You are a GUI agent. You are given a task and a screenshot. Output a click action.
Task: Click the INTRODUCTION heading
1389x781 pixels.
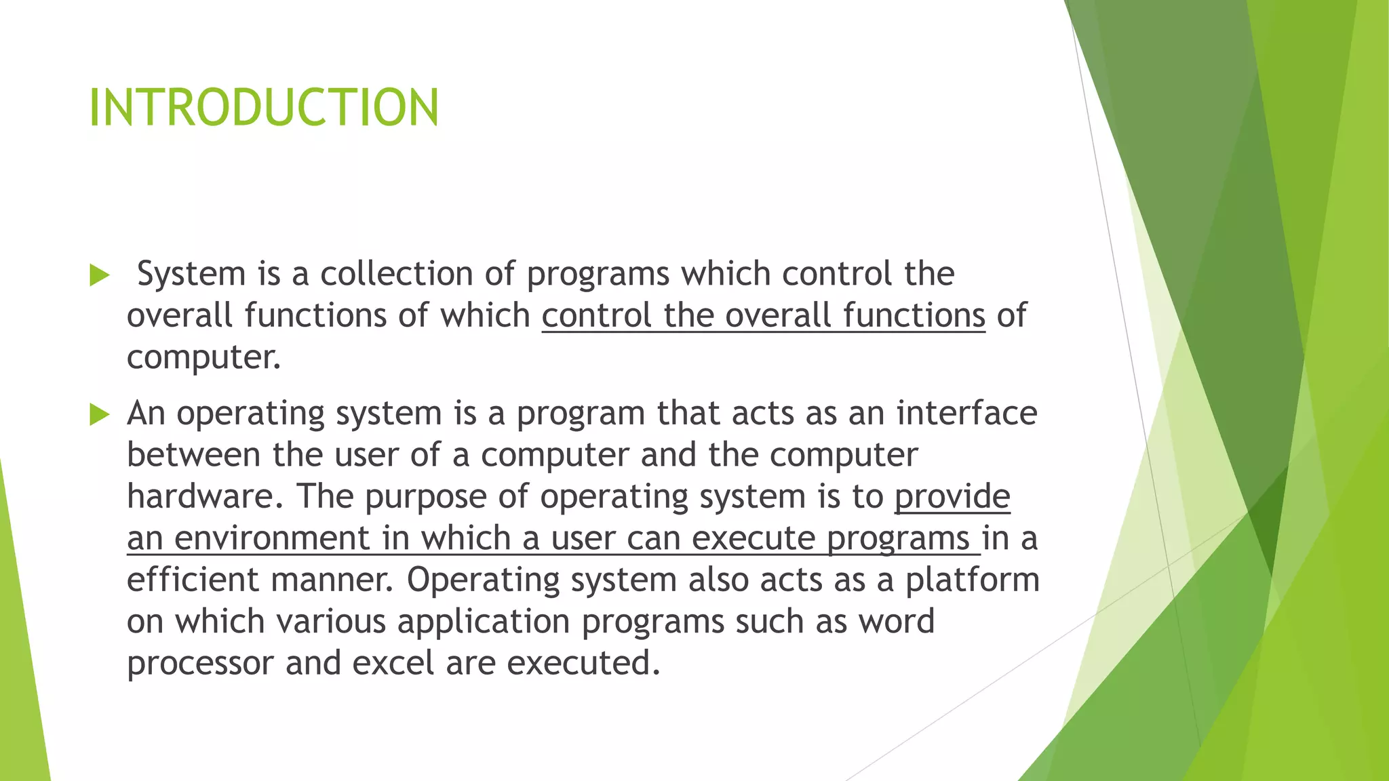pos(264,108)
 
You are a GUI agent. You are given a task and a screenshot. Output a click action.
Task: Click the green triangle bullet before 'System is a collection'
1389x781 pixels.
pos(99,275)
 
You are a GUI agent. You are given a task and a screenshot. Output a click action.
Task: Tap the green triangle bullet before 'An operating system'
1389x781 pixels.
pos(99,414)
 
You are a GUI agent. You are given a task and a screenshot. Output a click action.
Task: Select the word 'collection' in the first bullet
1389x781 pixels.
pos(396,274)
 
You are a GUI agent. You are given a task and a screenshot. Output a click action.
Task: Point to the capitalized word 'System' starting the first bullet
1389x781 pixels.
pos(191,274)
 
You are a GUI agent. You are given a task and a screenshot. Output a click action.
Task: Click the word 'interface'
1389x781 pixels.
pos(966,413)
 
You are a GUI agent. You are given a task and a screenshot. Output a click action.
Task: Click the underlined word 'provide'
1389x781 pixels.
pos(952,496)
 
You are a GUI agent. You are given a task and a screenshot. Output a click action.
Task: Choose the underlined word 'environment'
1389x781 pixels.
pos(271,538)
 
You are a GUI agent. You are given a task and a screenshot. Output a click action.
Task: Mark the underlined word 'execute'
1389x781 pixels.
pos(754,538)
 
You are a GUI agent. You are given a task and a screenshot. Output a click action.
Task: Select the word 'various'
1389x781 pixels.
pos(331,622)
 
